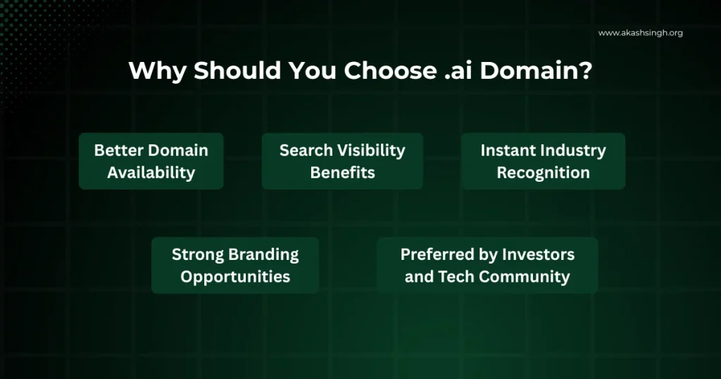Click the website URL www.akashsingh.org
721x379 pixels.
640,33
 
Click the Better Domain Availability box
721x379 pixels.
151,161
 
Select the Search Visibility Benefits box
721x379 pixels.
342,161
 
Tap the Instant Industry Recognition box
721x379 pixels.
543,161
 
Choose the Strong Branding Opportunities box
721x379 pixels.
235,266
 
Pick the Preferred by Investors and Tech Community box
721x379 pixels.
487,266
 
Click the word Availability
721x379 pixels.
151,173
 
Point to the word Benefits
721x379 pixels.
342,173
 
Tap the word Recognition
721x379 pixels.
543,173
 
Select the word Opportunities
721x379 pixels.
235,277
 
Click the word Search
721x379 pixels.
305,150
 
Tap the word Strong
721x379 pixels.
196,254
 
